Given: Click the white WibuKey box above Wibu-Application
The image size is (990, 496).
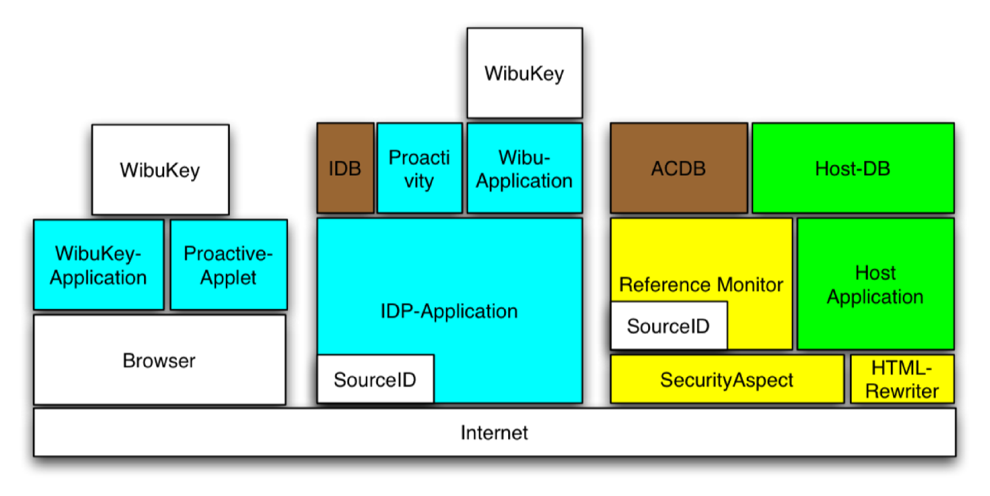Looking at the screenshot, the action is (524, 73).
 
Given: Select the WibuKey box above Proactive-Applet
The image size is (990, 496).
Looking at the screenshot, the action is (160, 169).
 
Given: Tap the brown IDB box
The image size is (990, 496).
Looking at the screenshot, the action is (345, 168).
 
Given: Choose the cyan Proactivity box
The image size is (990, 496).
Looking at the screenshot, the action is (420, 168).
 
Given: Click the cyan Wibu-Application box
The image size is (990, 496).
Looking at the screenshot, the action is (524, 168).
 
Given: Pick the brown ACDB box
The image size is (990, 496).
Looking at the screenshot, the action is (679, 168).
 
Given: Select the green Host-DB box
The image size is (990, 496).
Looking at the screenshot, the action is (853, 168).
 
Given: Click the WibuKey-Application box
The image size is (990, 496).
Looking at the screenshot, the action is (99, 264).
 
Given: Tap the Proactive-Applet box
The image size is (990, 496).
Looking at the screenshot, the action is (229, 264).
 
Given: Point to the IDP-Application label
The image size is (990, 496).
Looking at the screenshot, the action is (449, 311).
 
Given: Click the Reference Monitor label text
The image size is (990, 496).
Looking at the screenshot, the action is (701, 285).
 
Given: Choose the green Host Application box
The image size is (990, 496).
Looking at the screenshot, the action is (875, 284).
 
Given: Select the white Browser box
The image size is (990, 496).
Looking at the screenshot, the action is (160, 359).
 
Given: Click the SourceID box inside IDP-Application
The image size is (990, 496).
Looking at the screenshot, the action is (375, 379).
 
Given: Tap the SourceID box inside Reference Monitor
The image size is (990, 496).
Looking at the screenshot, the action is (668, 325).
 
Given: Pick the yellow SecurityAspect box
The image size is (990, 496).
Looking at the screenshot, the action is (727, 379).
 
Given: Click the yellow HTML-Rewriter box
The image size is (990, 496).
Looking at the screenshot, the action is (902, 379).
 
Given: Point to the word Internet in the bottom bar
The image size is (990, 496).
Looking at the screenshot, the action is (494, 433).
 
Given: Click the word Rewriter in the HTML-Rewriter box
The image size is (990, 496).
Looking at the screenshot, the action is (902, 391).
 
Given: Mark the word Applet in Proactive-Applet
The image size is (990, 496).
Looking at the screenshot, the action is (228, 278).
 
